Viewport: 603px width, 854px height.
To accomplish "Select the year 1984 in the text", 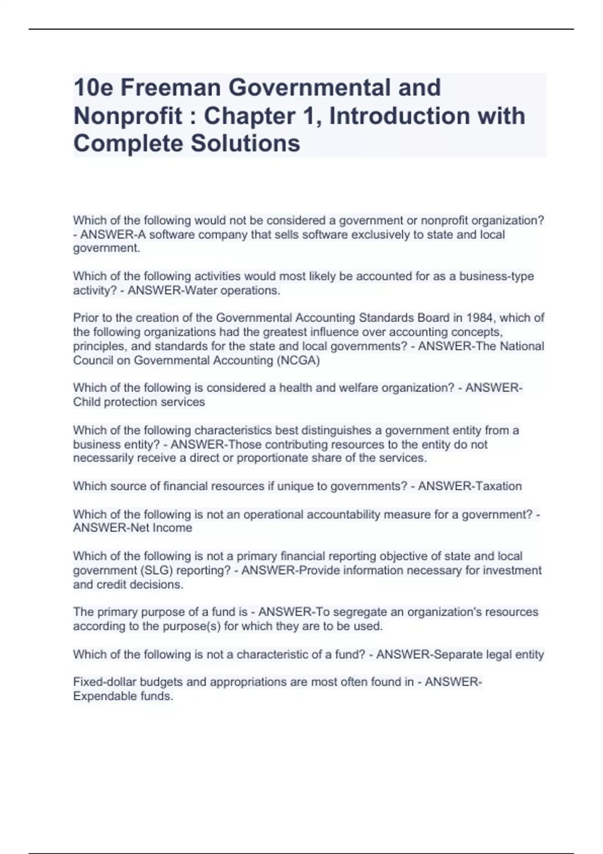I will pos(480,318).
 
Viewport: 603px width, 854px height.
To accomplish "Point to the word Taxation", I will pos(495,486).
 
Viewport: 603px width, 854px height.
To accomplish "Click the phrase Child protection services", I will pos(139,402).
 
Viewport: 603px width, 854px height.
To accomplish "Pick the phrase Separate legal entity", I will pos(488,655).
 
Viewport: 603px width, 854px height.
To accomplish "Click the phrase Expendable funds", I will pos(123,696).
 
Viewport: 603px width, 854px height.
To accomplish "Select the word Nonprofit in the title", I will pos(128,116).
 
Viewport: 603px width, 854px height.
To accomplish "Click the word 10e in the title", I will pos(93,87).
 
